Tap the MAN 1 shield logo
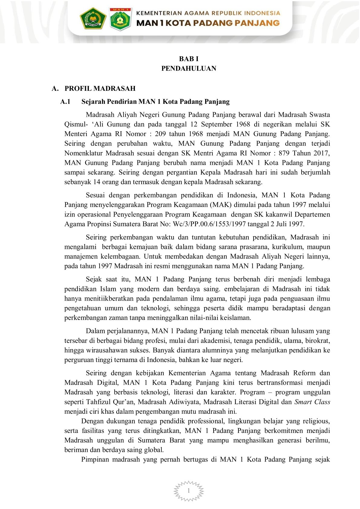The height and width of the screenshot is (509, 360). tap(120, 19)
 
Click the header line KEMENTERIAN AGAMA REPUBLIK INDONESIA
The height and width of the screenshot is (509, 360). tap(208, 13)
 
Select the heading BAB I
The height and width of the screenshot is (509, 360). tap(189, 59)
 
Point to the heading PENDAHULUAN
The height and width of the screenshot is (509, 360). tap(189, 68)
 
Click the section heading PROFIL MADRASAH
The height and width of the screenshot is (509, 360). tap(100, 88)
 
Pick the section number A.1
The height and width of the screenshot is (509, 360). tap(65, 101)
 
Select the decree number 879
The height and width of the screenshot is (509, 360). tap(284, 153)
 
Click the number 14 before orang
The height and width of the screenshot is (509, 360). tap(97, 182)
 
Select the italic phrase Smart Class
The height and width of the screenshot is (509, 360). tap(312, 402)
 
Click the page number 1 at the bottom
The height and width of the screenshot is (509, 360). tap(189, 491)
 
